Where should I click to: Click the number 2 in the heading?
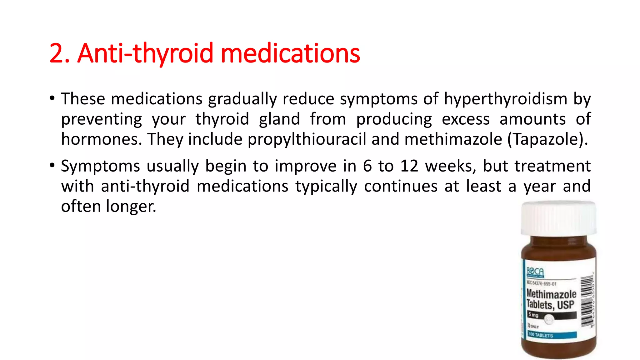[57, 53]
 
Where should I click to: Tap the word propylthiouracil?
[307, 139]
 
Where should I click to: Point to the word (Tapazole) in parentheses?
[547, 139]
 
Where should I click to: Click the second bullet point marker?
[52, 166]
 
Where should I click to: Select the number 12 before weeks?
[409, 166]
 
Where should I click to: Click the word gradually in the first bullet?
[242, 99]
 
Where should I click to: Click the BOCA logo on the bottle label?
[535, 272]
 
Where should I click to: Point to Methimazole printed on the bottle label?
[551, 294]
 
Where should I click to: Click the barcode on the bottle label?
[587, 302]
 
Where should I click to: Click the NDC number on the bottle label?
[542, 283]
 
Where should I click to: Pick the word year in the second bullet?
[540, 186]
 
